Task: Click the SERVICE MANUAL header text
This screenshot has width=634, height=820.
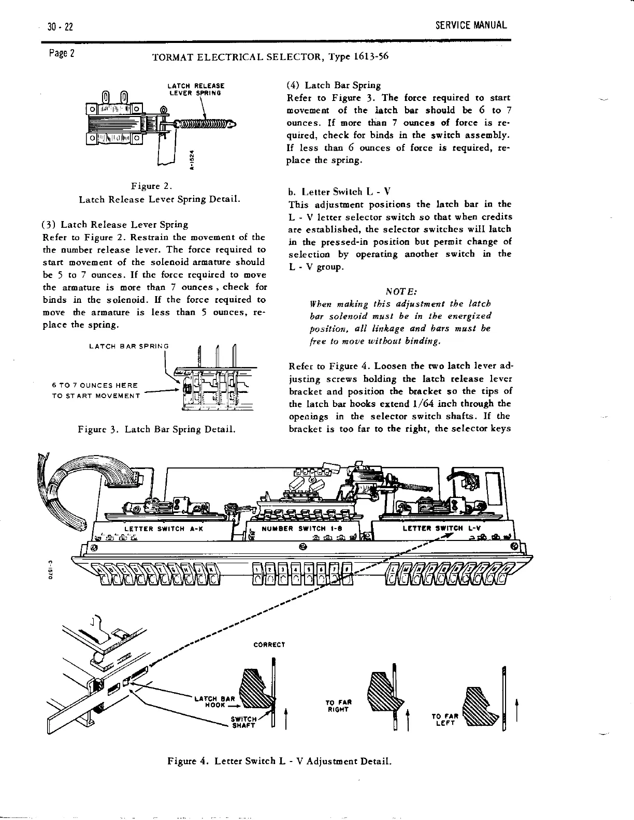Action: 471,25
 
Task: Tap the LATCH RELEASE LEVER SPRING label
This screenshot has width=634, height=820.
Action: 196,89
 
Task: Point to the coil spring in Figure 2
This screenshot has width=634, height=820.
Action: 204,124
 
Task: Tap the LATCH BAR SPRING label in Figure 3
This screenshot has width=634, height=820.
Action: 129,346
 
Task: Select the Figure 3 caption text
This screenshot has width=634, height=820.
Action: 156,429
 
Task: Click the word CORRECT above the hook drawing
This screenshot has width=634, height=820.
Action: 269,645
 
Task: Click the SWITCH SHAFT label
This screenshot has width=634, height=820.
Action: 243,722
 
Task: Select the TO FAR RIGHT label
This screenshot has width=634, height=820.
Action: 338,705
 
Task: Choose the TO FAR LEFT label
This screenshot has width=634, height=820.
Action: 444,720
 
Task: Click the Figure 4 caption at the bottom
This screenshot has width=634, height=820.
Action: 279,761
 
